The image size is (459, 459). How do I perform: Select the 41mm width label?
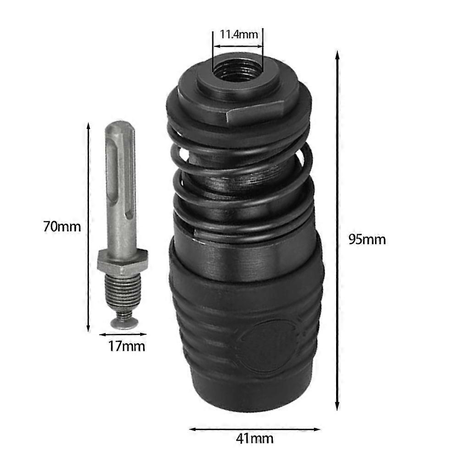[x=254, y=438]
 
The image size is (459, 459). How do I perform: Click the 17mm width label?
[x=127, y=345]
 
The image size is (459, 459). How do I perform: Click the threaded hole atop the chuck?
[x=238, y=70]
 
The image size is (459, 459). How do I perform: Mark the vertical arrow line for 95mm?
[x=338, y=229]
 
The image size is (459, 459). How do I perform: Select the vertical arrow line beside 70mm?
[x=88, y=227]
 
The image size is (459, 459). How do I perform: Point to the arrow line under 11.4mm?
[x=238, y=46]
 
